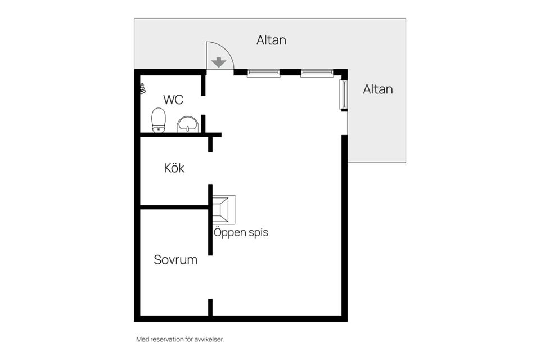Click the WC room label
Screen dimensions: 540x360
pos(173,100)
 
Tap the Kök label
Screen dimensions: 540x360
pos(174,168)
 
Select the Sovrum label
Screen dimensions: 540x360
pos(175,259)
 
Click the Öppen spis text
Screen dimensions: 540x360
pos(241,232)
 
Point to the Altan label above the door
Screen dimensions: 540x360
pos(271,40)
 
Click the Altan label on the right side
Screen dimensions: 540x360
pos(378,89)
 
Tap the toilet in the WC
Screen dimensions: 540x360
pos(159,120)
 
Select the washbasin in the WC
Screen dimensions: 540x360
pos(188,124)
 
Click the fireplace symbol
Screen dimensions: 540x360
pos(223,209)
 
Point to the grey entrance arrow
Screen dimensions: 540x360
pos(219,62)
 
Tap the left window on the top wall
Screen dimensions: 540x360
pos(263,73)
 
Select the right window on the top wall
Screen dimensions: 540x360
pos(317,73)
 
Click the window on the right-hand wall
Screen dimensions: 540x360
pos(344,94)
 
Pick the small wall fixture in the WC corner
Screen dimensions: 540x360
pos(142,88)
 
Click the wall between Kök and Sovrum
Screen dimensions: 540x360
pos(174,208)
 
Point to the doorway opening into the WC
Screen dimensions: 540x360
pos(203,105)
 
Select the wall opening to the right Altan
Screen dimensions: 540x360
pos(344,123)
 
